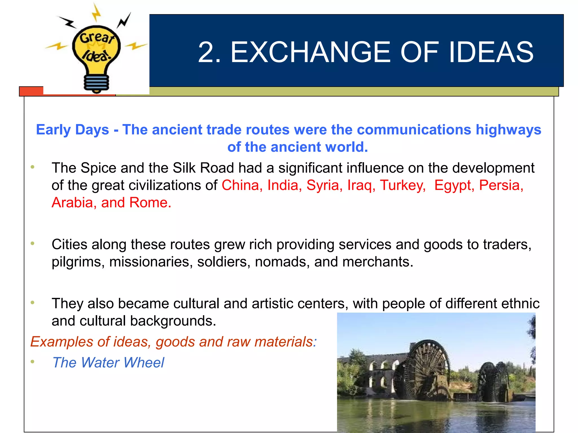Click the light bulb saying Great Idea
pyautogui.click(x=96, y=49)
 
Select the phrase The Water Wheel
pyautogui.click(x=108, y=363)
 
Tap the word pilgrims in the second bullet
pyautogui.click(x=76, y=262)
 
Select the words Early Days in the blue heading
pyautogui.click(x=72, y=130)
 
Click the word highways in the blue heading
pyautogui.click(x=508, y=130)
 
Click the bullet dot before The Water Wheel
pyautogui.click(x=33, y=361)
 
